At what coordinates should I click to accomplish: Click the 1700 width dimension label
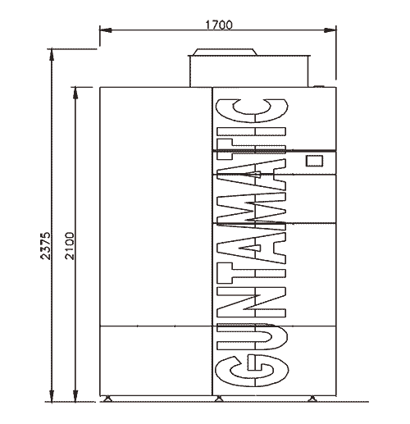tap(219, 25)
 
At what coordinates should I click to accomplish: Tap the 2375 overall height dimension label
tap(45, 246)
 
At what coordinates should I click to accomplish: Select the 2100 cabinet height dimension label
tap(70, 246)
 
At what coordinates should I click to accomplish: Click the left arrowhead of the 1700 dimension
tap(106, 30)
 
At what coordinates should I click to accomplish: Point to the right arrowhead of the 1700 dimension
tap(330, 30)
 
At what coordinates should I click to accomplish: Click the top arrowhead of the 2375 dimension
tap(51, 55)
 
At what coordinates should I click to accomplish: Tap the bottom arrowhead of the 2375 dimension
tap(51, 395)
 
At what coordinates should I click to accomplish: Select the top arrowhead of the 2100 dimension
tap(75, 93)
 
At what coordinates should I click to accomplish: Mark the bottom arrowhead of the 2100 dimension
tap(75, 395)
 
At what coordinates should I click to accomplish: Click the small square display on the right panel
tap(314, 161)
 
